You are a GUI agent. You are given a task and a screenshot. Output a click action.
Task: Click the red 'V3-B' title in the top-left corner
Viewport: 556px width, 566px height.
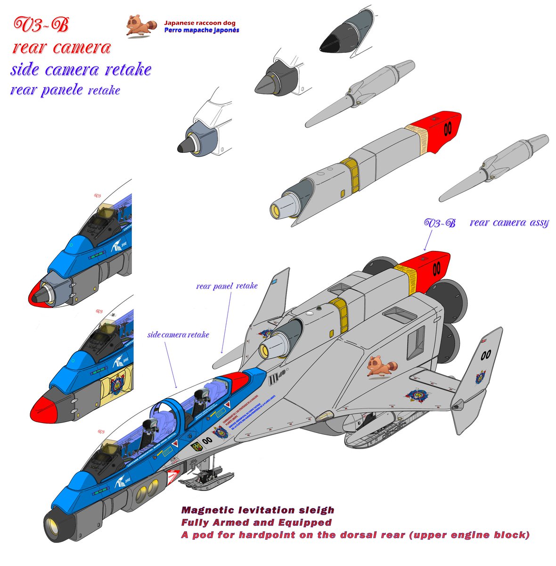pyautogui.click(x=41, y=25)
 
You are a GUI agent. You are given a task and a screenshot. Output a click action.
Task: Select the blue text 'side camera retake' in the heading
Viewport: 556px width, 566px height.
pyautogui.click(x=81, y=69)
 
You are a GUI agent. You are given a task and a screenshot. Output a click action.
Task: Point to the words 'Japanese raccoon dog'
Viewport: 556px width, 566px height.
pyautogui.click(x=199, y=23)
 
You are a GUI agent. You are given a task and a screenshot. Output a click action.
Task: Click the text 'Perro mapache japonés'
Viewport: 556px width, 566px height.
pyautogui.click(x=201, y=30)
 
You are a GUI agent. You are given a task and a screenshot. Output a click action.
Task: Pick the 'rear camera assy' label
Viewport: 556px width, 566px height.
pyautogui.click(x=509, y=223)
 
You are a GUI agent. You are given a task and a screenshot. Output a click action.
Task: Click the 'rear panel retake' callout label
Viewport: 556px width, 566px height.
pyautogui.click(x=227, y=286)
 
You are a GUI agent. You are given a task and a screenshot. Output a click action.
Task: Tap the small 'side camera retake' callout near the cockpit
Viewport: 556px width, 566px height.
pyautogui.click(x=178, y=334)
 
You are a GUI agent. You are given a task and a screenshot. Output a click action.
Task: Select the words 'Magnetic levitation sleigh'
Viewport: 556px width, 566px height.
pyautogui.click(x=258, y=510)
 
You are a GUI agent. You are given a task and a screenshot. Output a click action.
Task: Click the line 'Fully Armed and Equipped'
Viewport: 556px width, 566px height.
pyautogui.click(x=256, y=523)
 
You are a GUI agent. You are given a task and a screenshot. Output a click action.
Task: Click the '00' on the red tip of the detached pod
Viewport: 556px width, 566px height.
pyautogui.click(x=447, y=128)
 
